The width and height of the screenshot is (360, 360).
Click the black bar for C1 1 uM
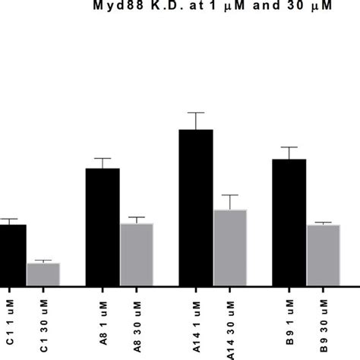point(12,255)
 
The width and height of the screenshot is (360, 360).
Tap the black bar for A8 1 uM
point(103,227)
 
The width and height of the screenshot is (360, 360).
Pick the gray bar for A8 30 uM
point(137,254)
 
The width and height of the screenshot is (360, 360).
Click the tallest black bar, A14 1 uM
point(196,208)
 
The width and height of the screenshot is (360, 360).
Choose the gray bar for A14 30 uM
point(230,248)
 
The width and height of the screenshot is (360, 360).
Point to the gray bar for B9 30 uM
point(324,255)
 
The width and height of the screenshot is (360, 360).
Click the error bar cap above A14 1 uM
point(196,112)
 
